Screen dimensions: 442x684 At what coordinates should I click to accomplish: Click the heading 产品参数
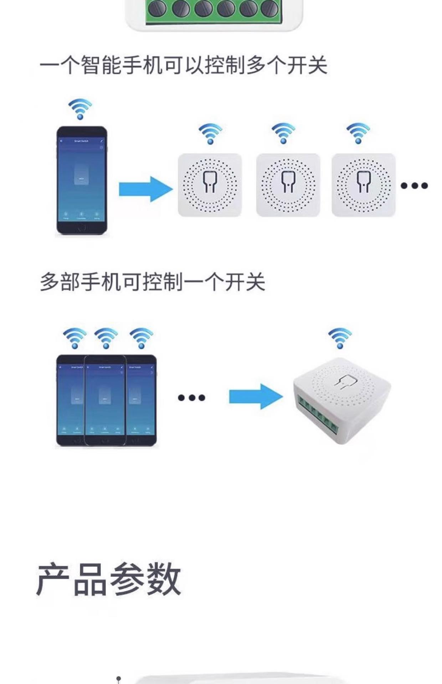(109, 579)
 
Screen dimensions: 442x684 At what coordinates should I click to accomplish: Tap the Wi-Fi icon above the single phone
(80, 109)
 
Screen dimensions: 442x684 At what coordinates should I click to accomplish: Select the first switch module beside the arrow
(210, 185)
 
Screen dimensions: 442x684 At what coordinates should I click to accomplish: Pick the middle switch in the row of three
(288, 185)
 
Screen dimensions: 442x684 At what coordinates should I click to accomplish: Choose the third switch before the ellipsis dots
(363, 185)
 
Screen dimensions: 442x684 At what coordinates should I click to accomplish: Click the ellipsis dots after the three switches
(414, 186)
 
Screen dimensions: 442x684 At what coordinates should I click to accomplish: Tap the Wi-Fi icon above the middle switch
(283, 133)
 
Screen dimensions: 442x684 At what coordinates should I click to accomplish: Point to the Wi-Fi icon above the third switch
(358, 133)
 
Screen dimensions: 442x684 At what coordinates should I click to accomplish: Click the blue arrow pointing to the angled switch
(256, 396)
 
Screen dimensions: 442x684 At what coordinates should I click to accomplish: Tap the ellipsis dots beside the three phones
(191, 398)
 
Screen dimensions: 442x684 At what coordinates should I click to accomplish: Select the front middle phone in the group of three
(105, 400)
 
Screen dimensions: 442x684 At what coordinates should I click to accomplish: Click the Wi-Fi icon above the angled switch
(340, 338)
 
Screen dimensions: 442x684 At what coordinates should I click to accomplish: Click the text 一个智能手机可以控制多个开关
(183, 65)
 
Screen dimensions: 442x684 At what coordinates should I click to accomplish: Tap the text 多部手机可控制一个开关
(152, 282)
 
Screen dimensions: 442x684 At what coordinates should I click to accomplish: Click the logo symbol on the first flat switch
(210, 182)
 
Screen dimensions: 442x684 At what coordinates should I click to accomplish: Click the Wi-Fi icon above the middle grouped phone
(106, 338)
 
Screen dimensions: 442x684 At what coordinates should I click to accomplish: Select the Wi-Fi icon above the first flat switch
(210, 133)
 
